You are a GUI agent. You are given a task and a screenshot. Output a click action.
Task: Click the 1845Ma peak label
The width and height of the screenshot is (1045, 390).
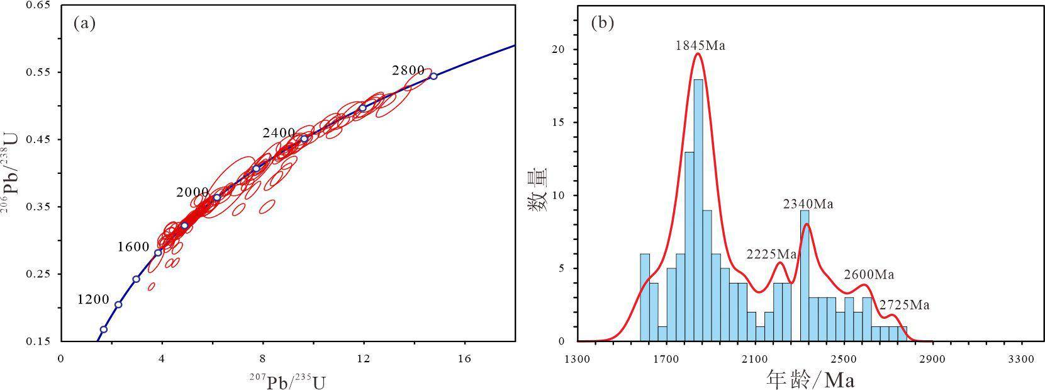pos(700,45)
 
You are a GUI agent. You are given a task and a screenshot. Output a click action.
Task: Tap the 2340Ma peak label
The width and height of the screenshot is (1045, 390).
pos(808,204)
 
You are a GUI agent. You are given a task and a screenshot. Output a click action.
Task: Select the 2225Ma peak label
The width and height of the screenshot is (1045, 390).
pos(771,255)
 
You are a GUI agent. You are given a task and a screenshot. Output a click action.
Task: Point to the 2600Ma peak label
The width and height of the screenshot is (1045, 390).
pos(869,275)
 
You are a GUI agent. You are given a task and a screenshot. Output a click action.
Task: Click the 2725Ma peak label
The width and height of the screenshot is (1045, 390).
pos(904,306)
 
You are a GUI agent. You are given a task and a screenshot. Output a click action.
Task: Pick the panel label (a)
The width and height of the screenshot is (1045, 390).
pos(84,24)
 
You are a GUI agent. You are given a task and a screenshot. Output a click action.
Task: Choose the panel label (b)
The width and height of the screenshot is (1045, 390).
pos(602,24)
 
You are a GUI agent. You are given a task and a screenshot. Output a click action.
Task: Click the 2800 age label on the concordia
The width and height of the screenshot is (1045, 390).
pos(408,71)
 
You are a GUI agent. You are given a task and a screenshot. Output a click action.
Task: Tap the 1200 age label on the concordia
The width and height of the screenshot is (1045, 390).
pos(93,299)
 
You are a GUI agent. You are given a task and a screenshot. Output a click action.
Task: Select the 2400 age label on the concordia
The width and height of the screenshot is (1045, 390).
pos(279,133)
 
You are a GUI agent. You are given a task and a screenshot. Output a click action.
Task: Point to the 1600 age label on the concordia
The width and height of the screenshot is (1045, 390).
pos(133,247)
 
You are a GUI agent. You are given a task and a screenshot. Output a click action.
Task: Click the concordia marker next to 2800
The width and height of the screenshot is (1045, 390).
pos(433,76)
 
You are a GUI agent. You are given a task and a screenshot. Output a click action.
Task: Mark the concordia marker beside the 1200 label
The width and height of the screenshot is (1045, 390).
pos(118,304)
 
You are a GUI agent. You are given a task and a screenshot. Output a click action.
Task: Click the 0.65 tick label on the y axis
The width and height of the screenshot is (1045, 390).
pos(40,6)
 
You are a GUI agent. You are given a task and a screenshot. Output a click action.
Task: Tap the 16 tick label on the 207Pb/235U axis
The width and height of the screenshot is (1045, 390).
pos(464,360)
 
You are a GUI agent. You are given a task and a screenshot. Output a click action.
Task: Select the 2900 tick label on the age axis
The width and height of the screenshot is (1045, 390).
pos(932,360)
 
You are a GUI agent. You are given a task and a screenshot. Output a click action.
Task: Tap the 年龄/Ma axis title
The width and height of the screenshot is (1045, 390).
pos(810,380)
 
